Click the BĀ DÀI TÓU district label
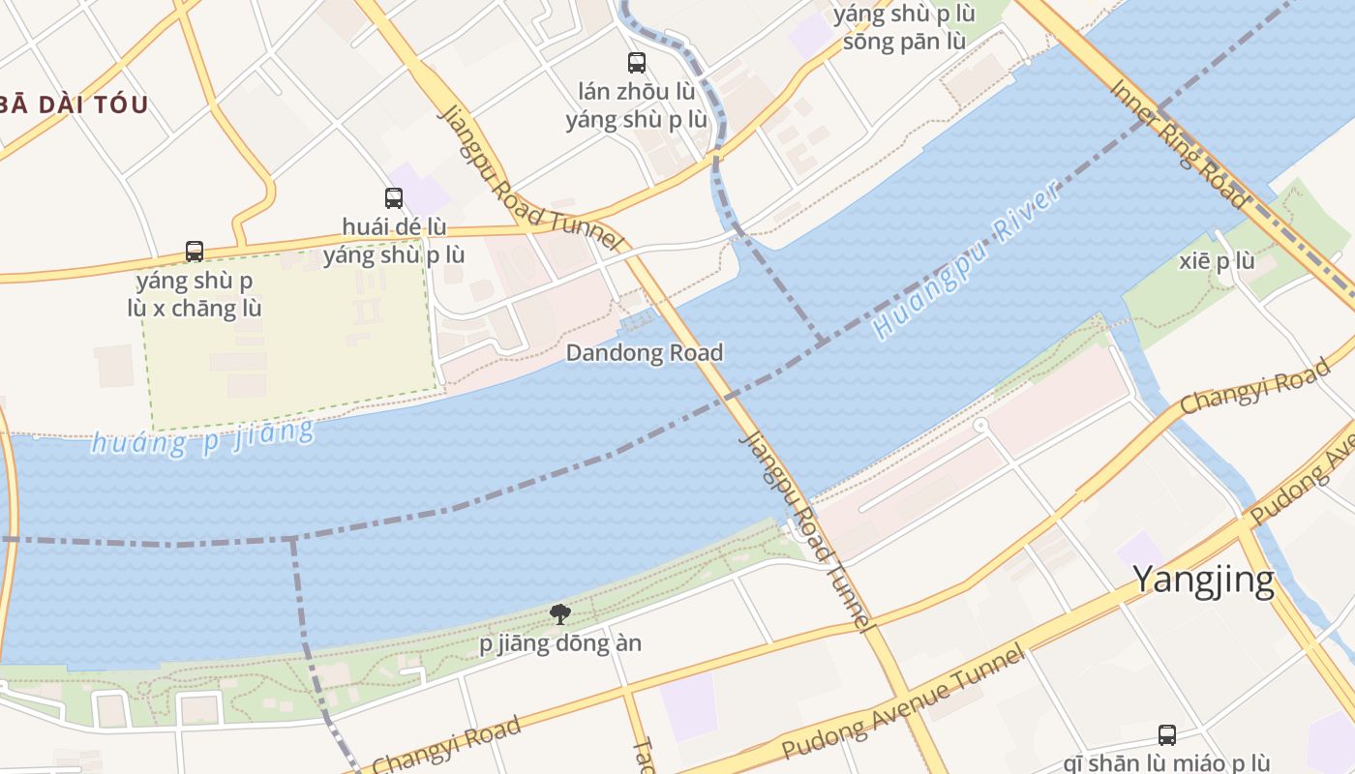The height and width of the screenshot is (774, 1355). click(x=74, y=104)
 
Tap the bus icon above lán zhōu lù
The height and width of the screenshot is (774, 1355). click(x=636, y=63)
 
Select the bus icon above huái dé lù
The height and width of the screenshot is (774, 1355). click(x=393, y=198)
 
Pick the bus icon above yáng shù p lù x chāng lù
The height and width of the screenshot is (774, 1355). click(x=195, y=252)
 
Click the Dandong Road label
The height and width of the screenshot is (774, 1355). click(x=644, y=352)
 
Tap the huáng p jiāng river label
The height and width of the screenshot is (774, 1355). click(x=202, y=437)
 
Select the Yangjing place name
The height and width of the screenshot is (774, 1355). click(x=1202, y=580)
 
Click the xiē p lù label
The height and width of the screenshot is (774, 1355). click(x=1218, y=261)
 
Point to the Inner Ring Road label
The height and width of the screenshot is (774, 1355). click(x=1177, y=142)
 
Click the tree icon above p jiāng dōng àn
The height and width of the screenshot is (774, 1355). click(x=559, y=613)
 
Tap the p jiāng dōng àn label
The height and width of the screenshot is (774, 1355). click(x=560, y=643)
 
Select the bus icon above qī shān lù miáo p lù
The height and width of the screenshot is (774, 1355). click(x=1167, y=734)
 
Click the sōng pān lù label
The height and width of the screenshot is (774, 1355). click(x=904, y=42)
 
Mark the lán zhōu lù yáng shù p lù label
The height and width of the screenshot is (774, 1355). click(x=636, y=105)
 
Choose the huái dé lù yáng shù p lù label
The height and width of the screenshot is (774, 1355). click(x=394, y=241)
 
